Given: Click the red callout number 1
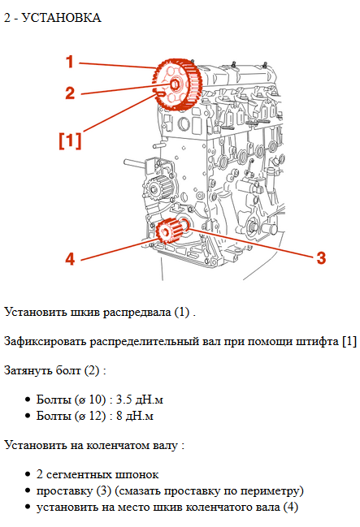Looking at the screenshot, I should point(70,62).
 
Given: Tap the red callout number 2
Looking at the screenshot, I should point(70,92).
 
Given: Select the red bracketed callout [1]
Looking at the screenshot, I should point(70,140).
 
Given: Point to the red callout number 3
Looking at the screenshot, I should point(321,257).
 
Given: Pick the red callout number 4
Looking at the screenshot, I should point(70,259).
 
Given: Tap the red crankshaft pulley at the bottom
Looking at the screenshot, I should point(167,231).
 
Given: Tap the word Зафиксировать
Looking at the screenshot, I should point(46,340).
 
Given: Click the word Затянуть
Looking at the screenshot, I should point(28,370).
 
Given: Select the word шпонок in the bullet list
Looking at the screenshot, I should point(138,474).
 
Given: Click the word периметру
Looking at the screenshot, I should point(272,491).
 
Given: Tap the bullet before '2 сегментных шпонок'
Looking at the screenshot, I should point(28,475).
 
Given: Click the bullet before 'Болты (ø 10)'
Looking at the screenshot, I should point(28,401).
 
